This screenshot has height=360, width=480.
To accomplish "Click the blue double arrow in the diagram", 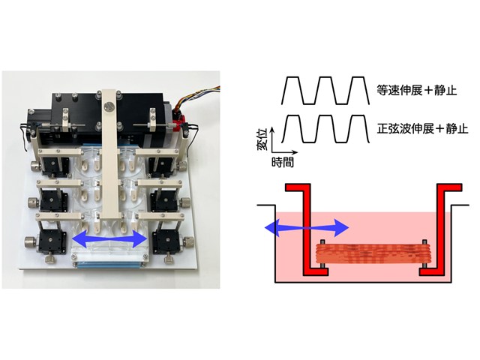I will point(304,226).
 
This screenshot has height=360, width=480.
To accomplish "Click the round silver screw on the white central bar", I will point(109,106).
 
